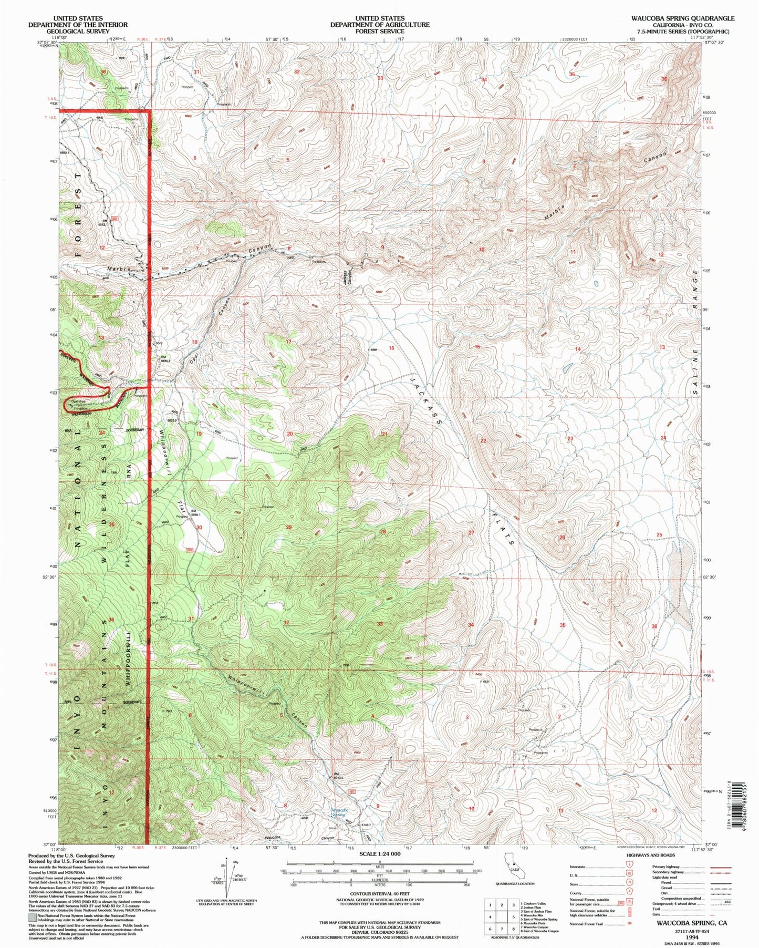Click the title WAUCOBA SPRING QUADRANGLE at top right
coord(683,18)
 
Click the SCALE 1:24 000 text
coord(379,854)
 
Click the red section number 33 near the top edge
coord(380,78)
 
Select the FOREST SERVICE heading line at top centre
coord(379,31)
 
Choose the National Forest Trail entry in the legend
coord(591,924)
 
